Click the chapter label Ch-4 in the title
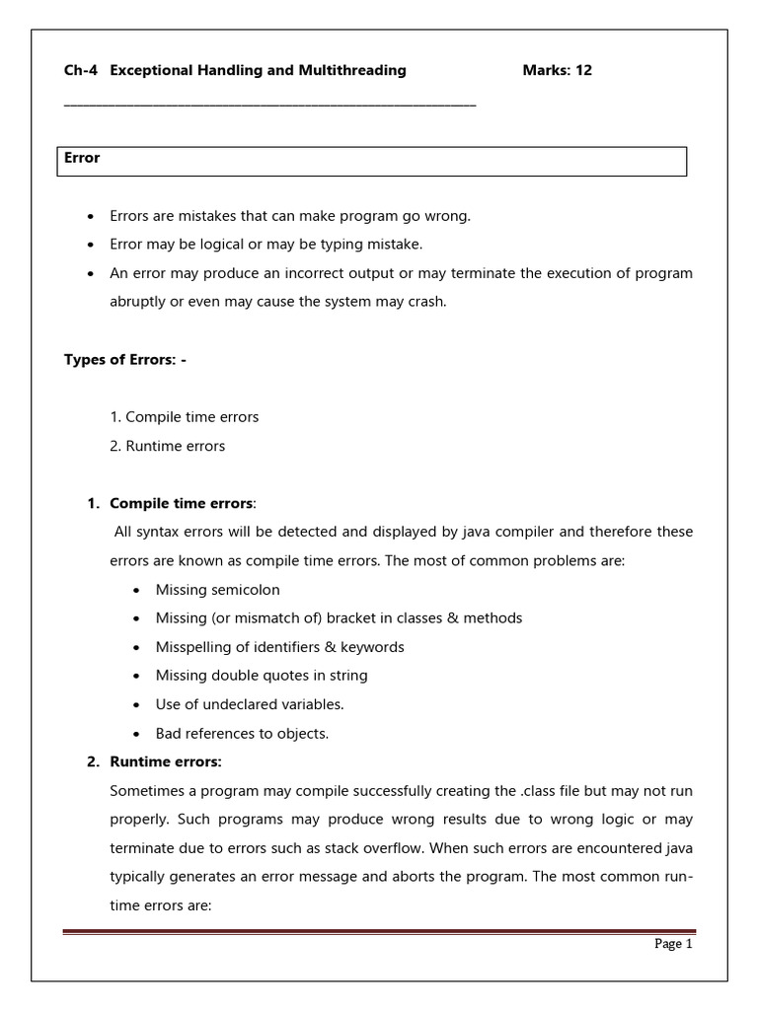tap(80, 70)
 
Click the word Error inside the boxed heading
tap(82, 158)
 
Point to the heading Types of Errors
tap(124, 360)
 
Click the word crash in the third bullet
tap(426, 303)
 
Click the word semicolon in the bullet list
tap(245, 590)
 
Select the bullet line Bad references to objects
tap(242, 733)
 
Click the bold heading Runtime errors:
tap(165, 761)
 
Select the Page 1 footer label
tap(674, 944)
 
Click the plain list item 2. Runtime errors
tap(168, 446)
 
